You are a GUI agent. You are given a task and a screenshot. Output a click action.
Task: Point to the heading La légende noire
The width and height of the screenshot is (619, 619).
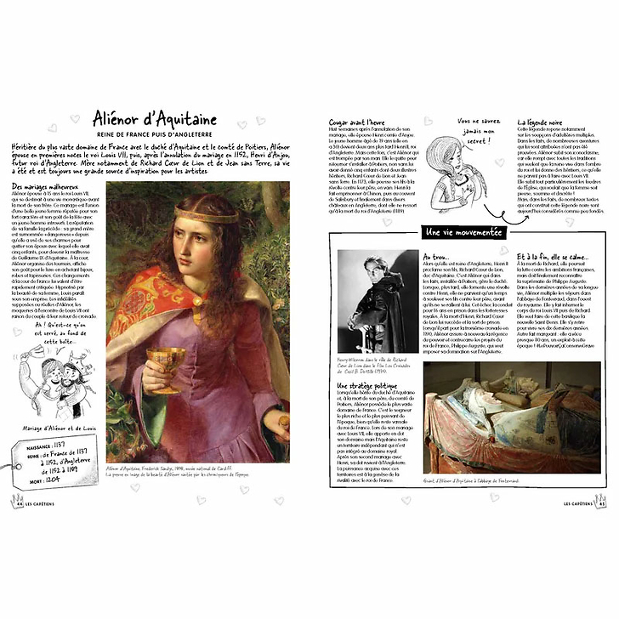(x=544, y=122)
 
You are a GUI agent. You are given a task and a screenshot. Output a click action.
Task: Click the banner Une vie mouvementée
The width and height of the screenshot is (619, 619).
(x=462, y=232)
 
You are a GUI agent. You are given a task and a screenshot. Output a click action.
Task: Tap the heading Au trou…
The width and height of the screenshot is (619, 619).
(x=436, y=255)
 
